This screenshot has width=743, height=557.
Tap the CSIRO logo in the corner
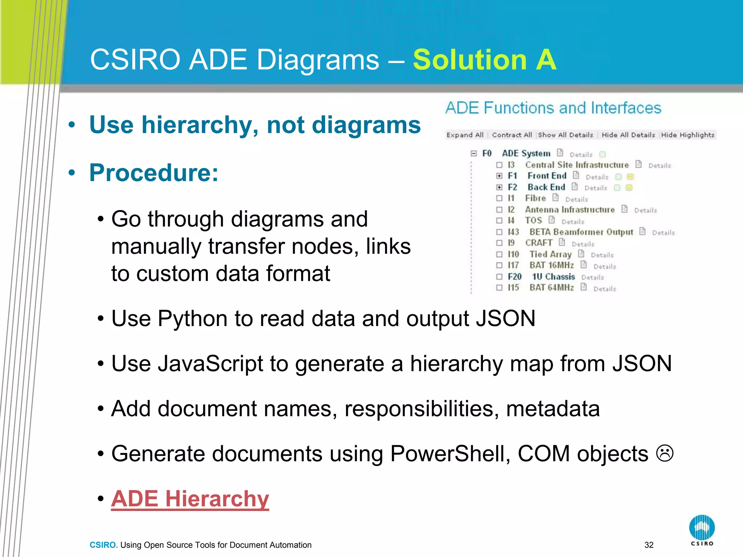point(702,530)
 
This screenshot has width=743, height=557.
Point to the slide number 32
point(649,545)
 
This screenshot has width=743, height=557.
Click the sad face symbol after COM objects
point(665,454)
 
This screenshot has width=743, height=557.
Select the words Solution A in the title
point(484,60)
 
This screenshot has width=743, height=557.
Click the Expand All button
point(465,135)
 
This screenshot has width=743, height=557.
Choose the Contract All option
point(512,135)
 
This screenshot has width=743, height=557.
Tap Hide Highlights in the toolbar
point(687,135)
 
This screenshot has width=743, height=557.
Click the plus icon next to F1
point(500,176)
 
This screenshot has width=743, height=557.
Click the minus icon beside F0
point(473,153)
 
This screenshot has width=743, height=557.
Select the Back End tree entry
point(546,187)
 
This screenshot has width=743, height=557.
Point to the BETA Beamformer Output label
point(581,232)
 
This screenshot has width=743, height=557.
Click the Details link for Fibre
point(576,199)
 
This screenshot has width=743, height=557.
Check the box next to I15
point(500,288)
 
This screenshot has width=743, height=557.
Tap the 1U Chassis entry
point(553,277)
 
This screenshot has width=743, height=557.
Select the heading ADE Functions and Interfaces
point(553,108)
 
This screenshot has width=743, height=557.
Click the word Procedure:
point(154,173)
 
